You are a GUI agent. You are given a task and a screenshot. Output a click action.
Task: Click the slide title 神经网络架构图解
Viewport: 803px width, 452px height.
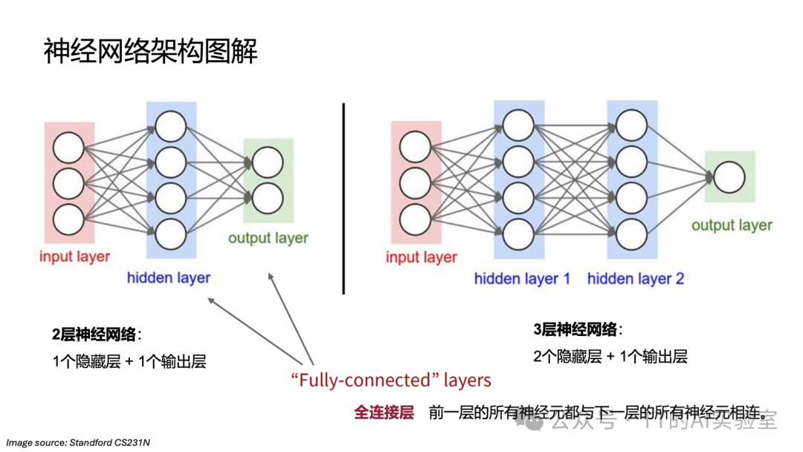coord(151,51)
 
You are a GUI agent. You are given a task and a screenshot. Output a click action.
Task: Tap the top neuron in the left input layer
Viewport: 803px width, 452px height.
coord(68,148)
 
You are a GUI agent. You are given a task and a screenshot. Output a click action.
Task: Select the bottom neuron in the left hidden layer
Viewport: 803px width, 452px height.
coord(171,233)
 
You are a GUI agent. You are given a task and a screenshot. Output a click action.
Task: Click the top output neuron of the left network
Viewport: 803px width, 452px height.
coord(268,163)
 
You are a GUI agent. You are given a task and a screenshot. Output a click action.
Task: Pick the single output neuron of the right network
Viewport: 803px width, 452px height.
coord(729,177)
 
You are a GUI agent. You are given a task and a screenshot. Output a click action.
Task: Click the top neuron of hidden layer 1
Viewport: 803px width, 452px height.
coord(517,123)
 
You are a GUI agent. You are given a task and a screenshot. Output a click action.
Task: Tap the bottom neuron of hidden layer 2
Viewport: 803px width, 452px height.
coord(631,233)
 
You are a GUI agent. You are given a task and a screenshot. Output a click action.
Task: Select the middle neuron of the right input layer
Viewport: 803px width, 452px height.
coord(415,183)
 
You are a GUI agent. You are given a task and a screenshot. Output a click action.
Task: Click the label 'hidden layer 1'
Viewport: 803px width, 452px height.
coord(522,280)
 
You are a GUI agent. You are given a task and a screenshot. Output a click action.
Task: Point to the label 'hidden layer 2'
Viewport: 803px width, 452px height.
coord(635,280)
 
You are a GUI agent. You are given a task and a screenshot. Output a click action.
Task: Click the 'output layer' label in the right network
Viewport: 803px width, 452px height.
coord(732,225)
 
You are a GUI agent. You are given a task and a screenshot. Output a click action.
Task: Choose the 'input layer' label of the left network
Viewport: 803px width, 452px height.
coord(74,257)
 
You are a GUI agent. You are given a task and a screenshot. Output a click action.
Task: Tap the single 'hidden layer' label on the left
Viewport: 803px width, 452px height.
coord(169,278)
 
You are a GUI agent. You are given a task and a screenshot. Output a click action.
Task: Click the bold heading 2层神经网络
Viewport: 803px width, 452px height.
coord(95,334)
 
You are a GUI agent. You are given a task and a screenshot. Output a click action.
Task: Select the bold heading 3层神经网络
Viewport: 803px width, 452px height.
coord(576,329)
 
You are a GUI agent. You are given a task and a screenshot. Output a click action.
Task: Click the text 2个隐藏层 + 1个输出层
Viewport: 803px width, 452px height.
coord(610,356)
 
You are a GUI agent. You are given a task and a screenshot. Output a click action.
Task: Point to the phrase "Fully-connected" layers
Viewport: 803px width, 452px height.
coord(391,381)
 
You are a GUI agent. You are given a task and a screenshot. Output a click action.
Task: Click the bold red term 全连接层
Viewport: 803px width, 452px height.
coord(384,413)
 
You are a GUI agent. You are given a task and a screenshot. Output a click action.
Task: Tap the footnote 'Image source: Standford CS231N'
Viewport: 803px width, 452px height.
coord(78,442)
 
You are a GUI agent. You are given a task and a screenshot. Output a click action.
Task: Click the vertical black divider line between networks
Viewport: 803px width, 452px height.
coord(344,198)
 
